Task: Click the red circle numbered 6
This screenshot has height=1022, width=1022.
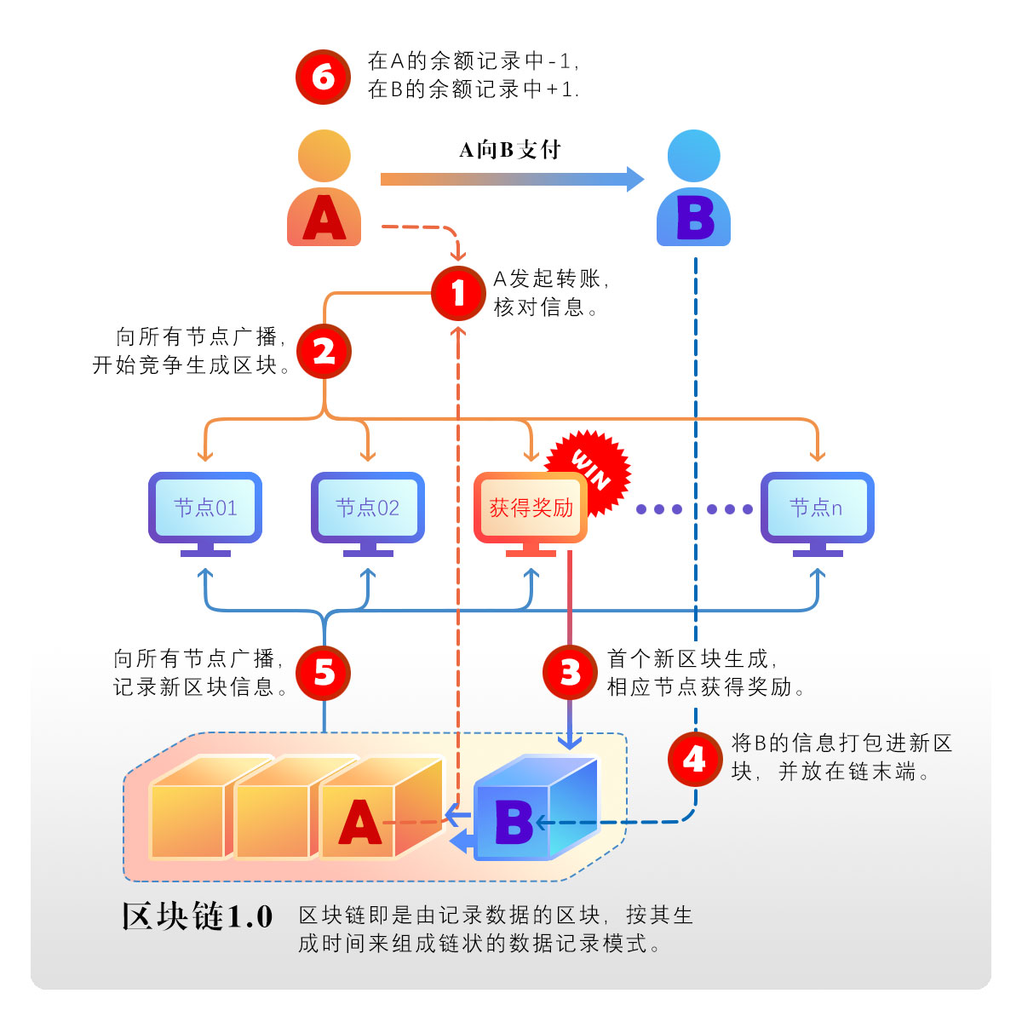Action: (323, 78)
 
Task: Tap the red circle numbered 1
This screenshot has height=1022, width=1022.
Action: (458, 293)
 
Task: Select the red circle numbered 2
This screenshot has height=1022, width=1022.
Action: (324, 351)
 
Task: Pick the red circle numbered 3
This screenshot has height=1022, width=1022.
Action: (570, 673)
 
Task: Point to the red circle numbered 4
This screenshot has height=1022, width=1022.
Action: (695, 758)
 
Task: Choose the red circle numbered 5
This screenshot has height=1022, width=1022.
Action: (324, 673)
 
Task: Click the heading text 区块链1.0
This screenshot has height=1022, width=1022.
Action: (197, 917)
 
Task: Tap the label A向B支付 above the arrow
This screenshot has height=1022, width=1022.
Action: (510, 151)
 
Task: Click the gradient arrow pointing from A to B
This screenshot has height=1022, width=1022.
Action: (511, 179)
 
